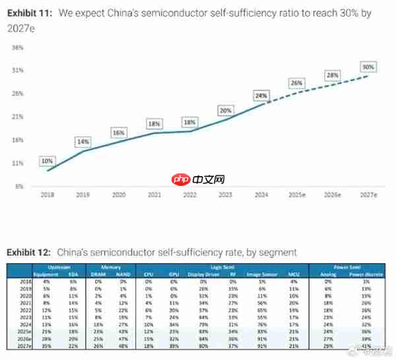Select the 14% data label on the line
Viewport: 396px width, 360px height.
coord(82,142)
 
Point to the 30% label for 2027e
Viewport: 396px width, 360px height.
coord(368,67)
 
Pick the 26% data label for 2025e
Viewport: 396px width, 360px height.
coord(296,83)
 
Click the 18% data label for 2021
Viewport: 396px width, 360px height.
coord(154,123)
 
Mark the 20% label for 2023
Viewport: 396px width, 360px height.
coord(225,110)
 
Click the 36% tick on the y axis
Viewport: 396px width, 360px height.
coord(18,47)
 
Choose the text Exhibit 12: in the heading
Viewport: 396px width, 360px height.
coord(29,252)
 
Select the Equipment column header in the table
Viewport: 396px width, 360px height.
coord(46,274)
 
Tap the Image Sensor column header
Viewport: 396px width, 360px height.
coord(261,274)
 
